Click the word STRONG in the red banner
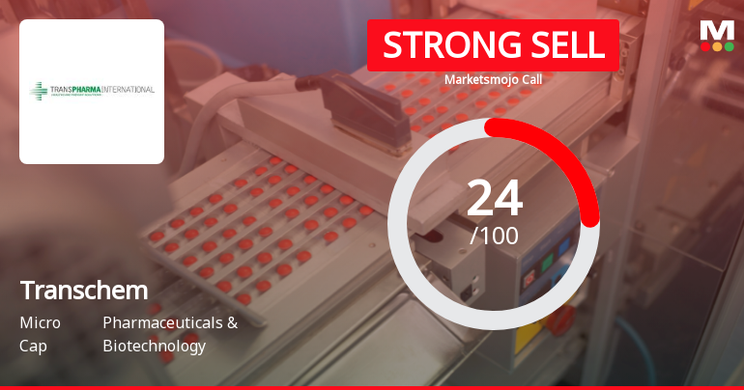pos(441,44)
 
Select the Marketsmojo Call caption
pos(493,79)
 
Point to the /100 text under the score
pos(494,235)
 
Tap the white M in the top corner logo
pos(716,29)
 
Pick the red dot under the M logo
pos(704,45)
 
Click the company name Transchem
pos(83,290)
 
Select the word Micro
pos(40,322)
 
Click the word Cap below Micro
pos(32,346)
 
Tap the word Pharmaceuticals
pos(161,322)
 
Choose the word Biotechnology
pos(154,346)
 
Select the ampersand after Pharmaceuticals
pos(232,322)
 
